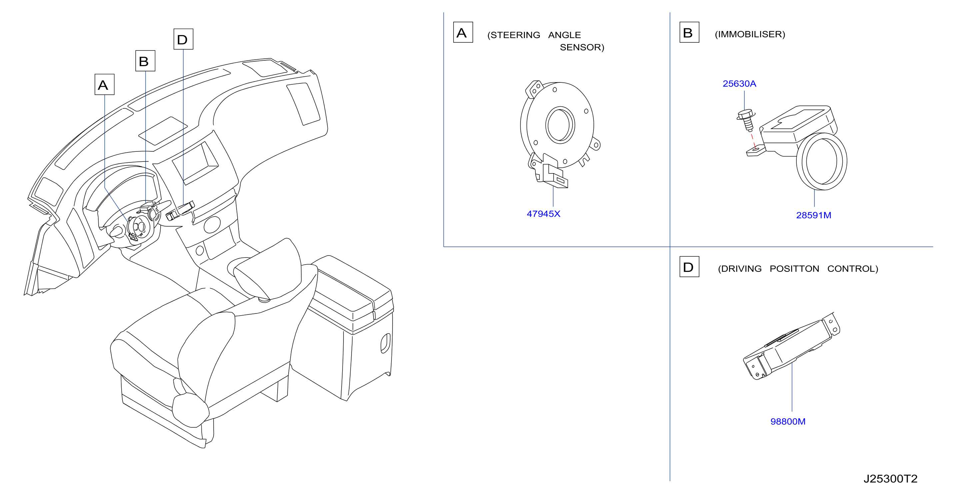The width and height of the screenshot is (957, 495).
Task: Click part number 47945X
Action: tap(543, 214)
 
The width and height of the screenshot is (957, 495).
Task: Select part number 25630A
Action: tap(739, 84)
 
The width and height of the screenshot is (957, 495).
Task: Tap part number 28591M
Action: tap(814, 215)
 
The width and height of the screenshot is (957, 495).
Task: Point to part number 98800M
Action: tap(788, 422)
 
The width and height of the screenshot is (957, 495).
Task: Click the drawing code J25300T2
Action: tap(890, 479)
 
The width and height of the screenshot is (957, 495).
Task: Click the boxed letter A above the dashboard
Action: tap(104, 84)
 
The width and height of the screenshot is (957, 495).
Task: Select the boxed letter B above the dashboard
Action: tap(145, 61)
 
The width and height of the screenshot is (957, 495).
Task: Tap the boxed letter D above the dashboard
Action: tap(184, 39)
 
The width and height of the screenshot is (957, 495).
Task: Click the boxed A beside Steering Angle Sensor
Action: tap(463, 32)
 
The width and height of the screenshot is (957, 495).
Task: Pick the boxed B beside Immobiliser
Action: tap(689, 32)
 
